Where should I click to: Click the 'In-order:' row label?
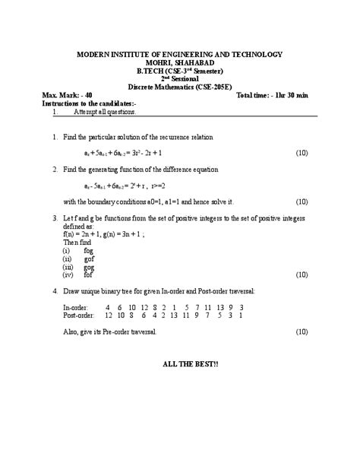pos(76,306)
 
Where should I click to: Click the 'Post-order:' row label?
pos(79,315)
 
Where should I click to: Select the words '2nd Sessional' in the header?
pos(179,78)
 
